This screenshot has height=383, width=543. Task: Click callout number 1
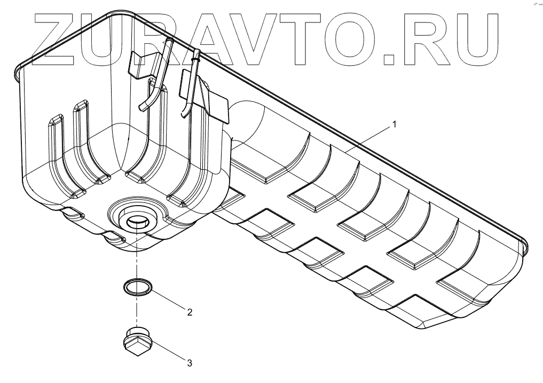pyautogui.click(x=394, y=124)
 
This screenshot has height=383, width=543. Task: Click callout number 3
pyautogui.click(x=190, y=363)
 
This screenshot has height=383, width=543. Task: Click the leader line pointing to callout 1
pyautogui.click(x=368, y=138)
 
